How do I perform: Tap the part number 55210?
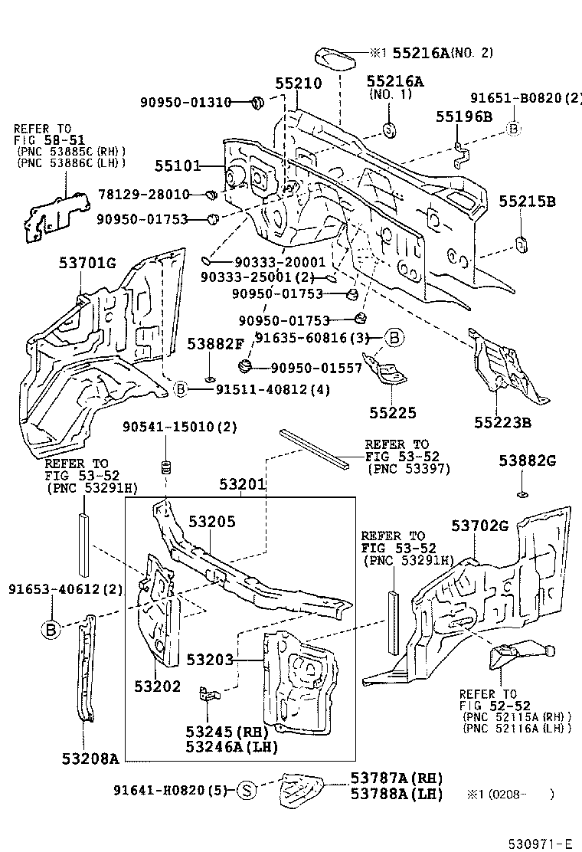pyautogui.click(x=299, y=84)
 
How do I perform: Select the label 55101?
pyautogui.click(x=177, y=165)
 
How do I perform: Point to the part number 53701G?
pyautogui.click(x=87, y=264)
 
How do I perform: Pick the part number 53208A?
pyautogui.click(x=90, y=759)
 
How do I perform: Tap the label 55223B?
pyautogui.click(x=502, y=422)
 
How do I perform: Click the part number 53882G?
pyautogui.click(x=527, y=460)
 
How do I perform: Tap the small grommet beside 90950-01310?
pyautogui.click(x=258, y=101)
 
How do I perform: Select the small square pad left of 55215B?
pyautogui.click(x=520, y=244)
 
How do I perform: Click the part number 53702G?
pyautogui.click(x=479, y=526)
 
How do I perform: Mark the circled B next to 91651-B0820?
pyautogui.click(x=513, y=129)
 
